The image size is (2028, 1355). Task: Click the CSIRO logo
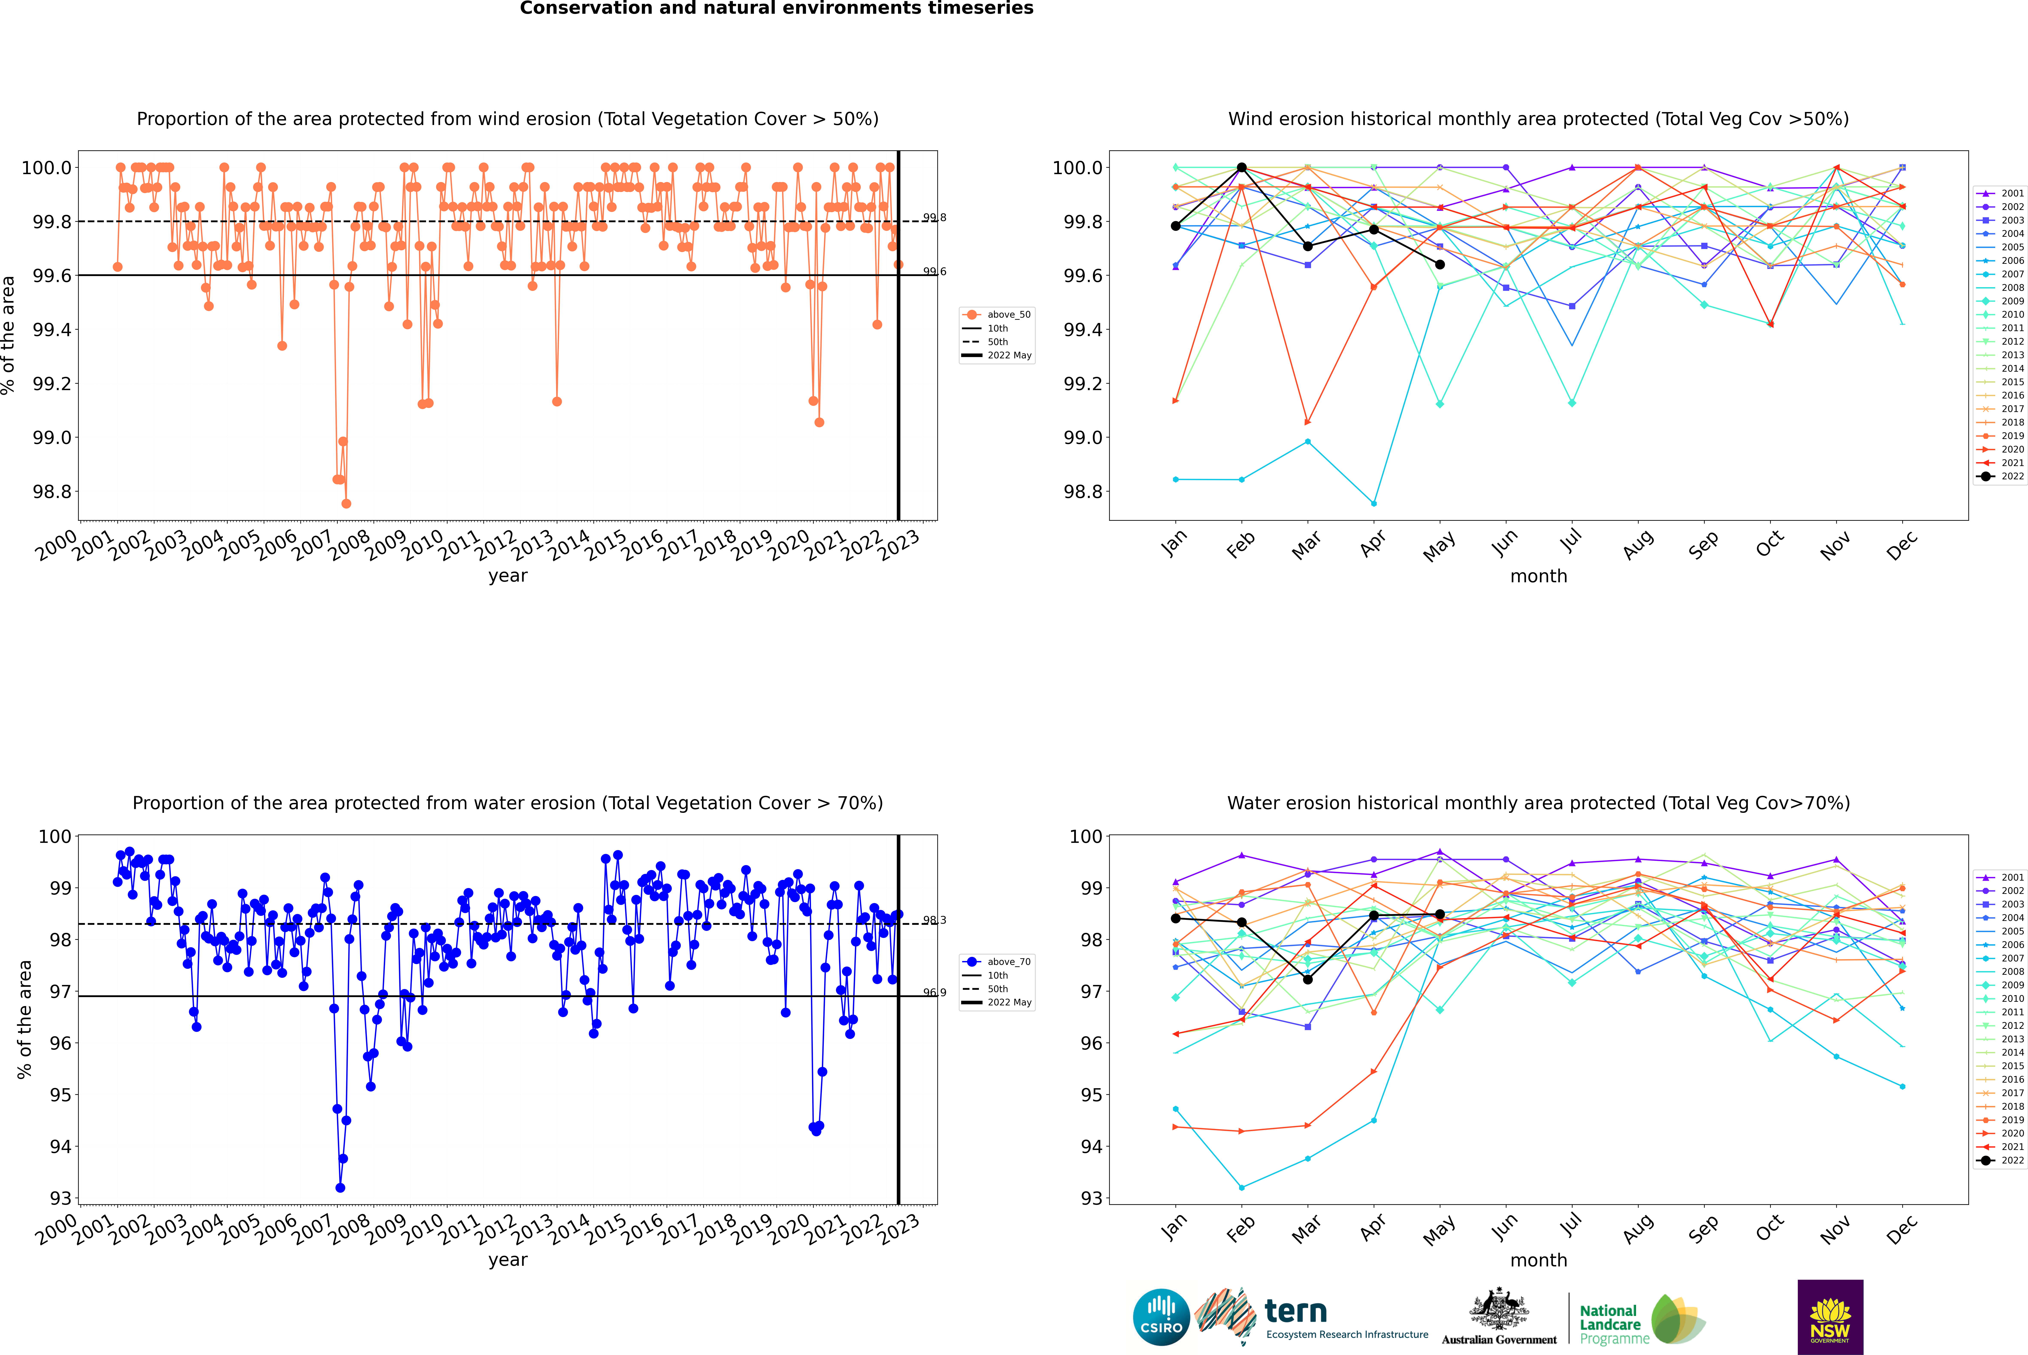(x=1161, y=1317)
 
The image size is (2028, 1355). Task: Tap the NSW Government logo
(x=1830, y=1317)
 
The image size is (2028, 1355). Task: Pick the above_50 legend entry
(x=997, y=315)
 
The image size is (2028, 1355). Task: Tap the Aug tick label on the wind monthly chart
(x=1638, y=544)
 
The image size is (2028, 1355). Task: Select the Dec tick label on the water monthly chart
(x=1902, y=1229)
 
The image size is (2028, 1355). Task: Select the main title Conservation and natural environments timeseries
(x=776, y=9)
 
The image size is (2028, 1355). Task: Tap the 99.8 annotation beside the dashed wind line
(x=935, y=218)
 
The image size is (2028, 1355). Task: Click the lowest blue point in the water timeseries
(x=340, y=1187)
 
